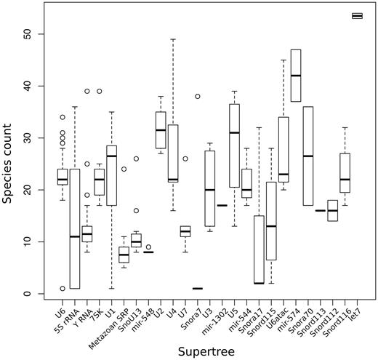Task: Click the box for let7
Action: click(357, 15)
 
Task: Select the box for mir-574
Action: click(295, 75)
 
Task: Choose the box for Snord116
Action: click(345, 172)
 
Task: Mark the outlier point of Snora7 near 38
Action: click(196, 96)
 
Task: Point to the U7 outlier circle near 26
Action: click(185, 159)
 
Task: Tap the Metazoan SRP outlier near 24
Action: click(124, 169)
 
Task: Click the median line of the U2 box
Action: click(160, 130)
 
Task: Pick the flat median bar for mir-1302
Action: click(222, 205)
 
